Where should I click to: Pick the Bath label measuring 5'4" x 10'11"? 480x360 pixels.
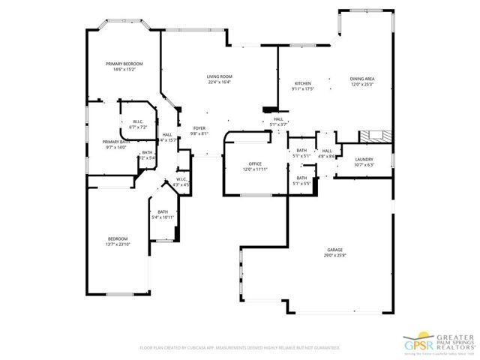point(163,214)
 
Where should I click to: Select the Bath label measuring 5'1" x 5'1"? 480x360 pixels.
point(301,153)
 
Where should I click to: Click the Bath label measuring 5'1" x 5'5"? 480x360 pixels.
point(301,180)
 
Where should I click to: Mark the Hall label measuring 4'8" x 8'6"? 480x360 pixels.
point(327,153)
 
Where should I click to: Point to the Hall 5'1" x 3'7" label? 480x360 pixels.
point(278,121)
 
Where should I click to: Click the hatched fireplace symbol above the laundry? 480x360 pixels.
point(373,137)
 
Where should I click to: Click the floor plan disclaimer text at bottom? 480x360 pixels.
point(240,348)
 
